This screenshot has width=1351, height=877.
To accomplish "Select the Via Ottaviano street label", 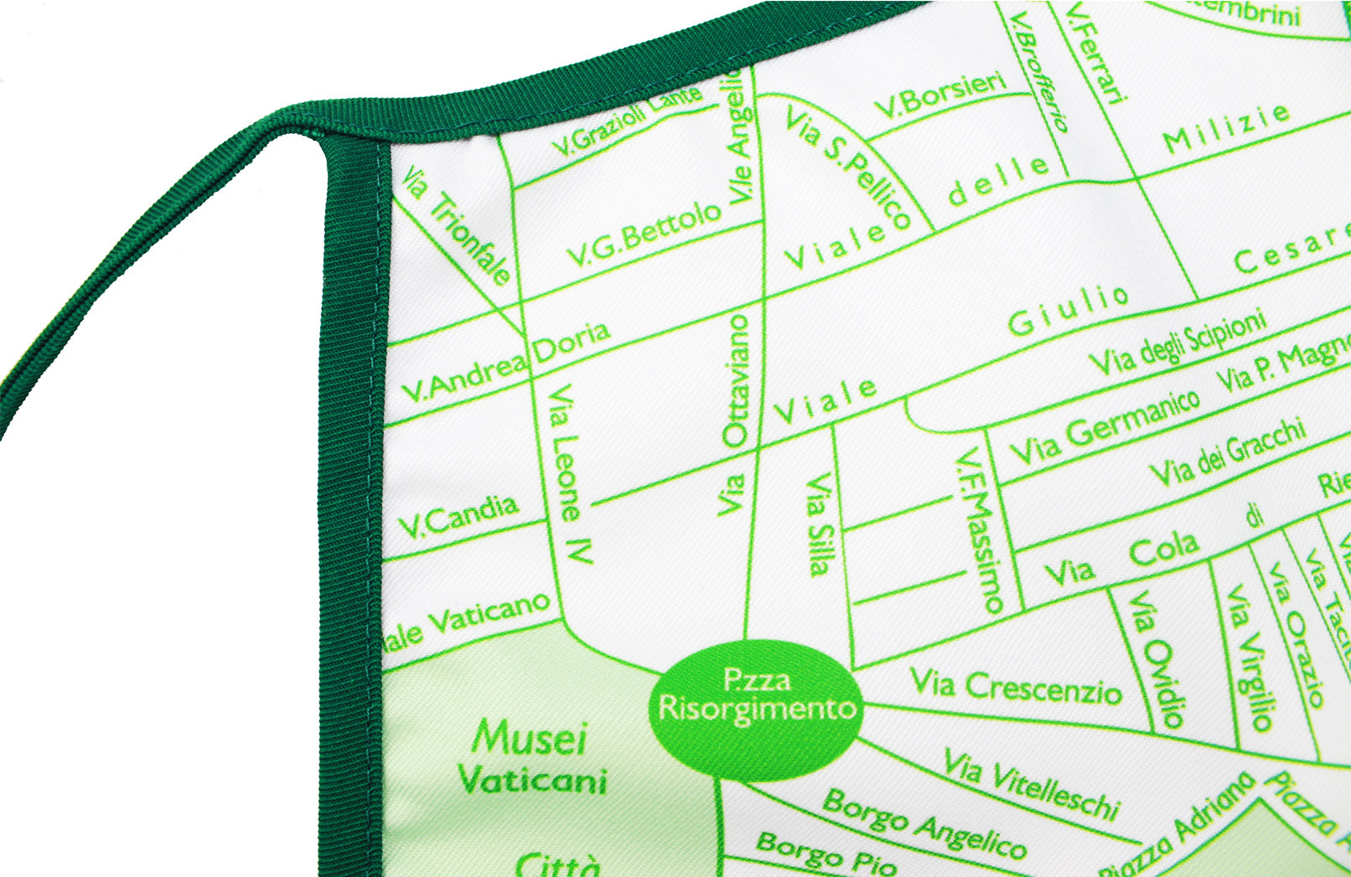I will [735, 414].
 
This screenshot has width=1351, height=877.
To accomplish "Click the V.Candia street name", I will [458, 516].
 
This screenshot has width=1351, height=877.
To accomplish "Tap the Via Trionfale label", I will [456, 226].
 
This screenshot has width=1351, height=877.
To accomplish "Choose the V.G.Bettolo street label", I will [644, 235].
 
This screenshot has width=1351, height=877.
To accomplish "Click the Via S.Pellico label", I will [847, 167].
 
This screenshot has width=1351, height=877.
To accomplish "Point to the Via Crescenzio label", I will [1016, 687].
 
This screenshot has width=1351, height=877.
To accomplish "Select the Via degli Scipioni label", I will [1177, 343].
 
